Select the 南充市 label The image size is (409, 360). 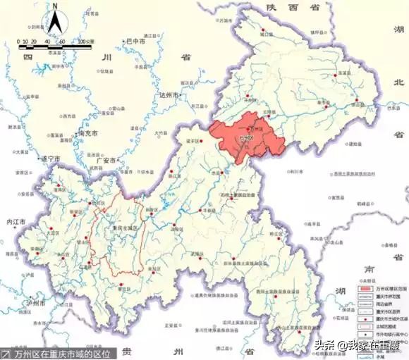click(88, 132)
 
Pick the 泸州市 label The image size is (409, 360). click(33, 303)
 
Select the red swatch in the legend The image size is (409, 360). click(366, 289)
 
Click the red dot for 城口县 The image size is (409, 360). click(261, 30)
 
